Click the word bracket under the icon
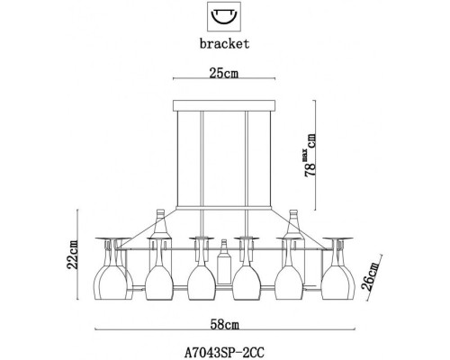(220, 41)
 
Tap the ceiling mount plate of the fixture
(219, 106)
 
